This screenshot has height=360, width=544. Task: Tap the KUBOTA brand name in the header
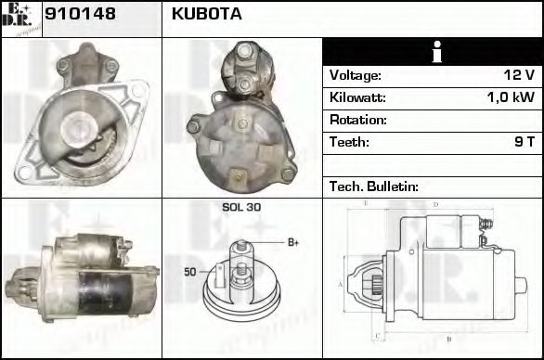click(x=207, y=15)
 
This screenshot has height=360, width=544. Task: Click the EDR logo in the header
click(x=20, y=18)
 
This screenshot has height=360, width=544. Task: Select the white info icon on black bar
click(x=432, y=52)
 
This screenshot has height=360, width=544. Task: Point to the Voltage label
click(x=355, y=75)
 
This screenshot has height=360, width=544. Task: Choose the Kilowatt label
click(x=357, y=97)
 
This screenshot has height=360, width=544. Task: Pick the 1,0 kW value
click(x=511, y=97)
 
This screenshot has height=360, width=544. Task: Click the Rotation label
click(x=357, y=120)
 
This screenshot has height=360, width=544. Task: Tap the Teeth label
click(x=349, y=142)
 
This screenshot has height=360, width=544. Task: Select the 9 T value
click(x=524, y=142)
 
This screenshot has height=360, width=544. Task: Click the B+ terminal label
click(x=293, y=242)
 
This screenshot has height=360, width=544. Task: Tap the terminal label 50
click(x=190, y=272)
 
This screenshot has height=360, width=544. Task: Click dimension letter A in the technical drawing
click(x=341, y=283)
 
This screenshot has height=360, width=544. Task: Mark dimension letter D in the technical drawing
click(x=435, y=204)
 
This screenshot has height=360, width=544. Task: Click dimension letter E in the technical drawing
click(x=366, y=202)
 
